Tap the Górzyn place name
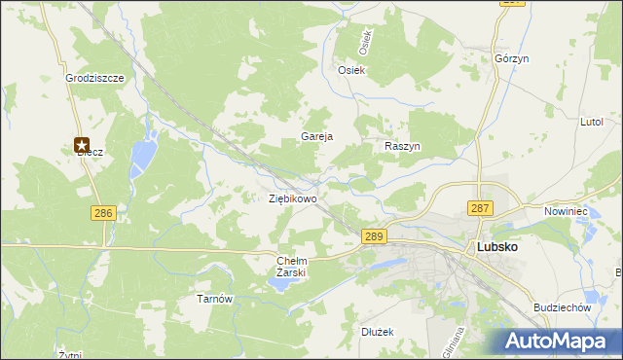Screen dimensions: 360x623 [511, 58]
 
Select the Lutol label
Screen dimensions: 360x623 [592, 123]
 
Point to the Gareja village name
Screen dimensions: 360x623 [317, 136]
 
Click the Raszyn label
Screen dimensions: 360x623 [402, 145]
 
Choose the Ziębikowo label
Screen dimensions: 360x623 [293, 198]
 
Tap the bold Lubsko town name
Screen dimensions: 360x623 [496, 247]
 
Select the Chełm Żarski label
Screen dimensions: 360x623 [292, 266]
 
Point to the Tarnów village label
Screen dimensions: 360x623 [215, 299]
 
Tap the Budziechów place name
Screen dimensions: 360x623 [563, 306]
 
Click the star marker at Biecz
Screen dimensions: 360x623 [83, 145]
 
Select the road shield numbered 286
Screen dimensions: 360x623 [102, 212]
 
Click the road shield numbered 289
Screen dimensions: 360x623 [375, 236]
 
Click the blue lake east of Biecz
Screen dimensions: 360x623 [145, 153]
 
